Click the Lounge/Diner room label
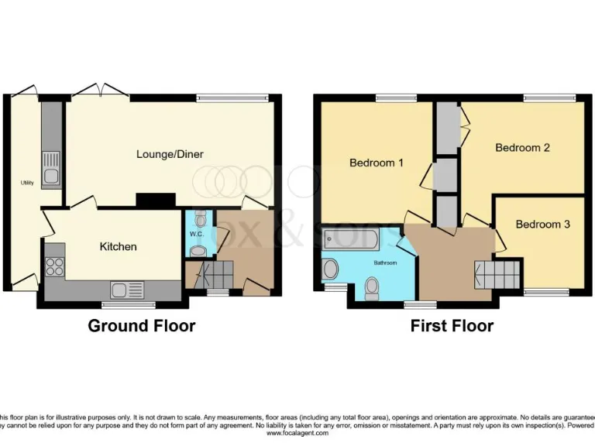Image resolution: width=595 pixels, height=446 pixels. pos(170,154)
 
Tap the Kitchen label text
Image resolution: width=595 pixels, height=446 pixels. pos(118,246)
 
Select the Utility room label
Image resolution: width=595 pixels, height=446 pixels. pos(27,184)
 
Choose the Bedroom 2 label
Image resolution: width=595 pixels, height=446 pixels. pos(522,147)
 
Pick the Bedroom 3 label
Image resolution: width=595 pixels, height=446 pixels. pos(542,225)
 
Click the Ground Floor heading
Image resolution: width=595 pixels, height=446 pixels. pos(141,326)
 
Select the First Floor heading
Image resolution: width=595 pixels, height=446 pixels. pos(452,326)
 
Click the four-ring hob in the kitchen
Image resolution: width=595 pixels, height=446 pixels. pos(55,266)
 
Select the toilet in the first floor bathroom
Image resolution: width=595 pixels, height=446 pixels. pos(371,288)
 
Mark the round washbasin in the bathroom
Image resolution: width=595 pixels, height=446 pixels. pos(331,269)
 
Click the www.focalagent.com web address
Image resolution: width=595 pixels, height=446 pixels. pos(297,433)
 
